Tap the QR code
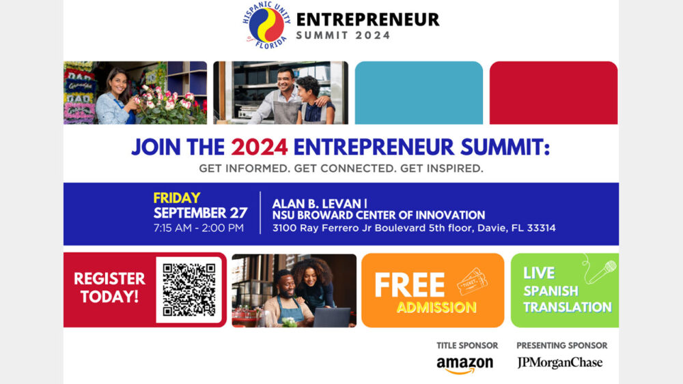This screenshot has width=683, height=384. click(x=189, y=289)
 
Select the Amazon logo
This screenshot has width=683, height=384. click(x=464, y=364)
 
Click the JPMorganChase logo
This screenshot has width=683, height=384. click(x=560, y=362)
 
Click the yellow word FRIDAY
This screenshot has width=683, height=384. click(x=177, y=198)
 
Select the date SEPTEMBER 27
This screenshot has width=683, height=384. click(x=201, y=213)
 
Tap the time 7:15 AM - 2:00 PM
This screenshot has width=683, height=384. click(x=199, y=228)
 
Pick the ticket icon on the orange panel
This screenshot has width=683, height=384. click(x=472, y=280)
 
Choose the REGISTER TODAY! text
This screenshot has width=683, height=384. click(x=109, y=287)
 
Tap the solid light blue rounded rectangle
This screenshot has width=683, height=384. click(x=419, y=93)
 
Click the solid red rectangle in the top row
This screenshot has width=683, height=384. click(x=553, y=93)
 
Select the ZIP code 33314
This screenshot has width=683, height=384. click(x=540, y=228)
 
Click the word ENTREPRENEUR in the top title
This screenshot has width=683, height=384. click(x=367, y=19)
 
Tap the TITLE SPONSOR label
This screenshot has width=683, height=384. click(x=467, y=345)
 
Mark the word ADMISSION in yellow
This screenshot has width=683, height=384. click(x=436, y=308)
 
